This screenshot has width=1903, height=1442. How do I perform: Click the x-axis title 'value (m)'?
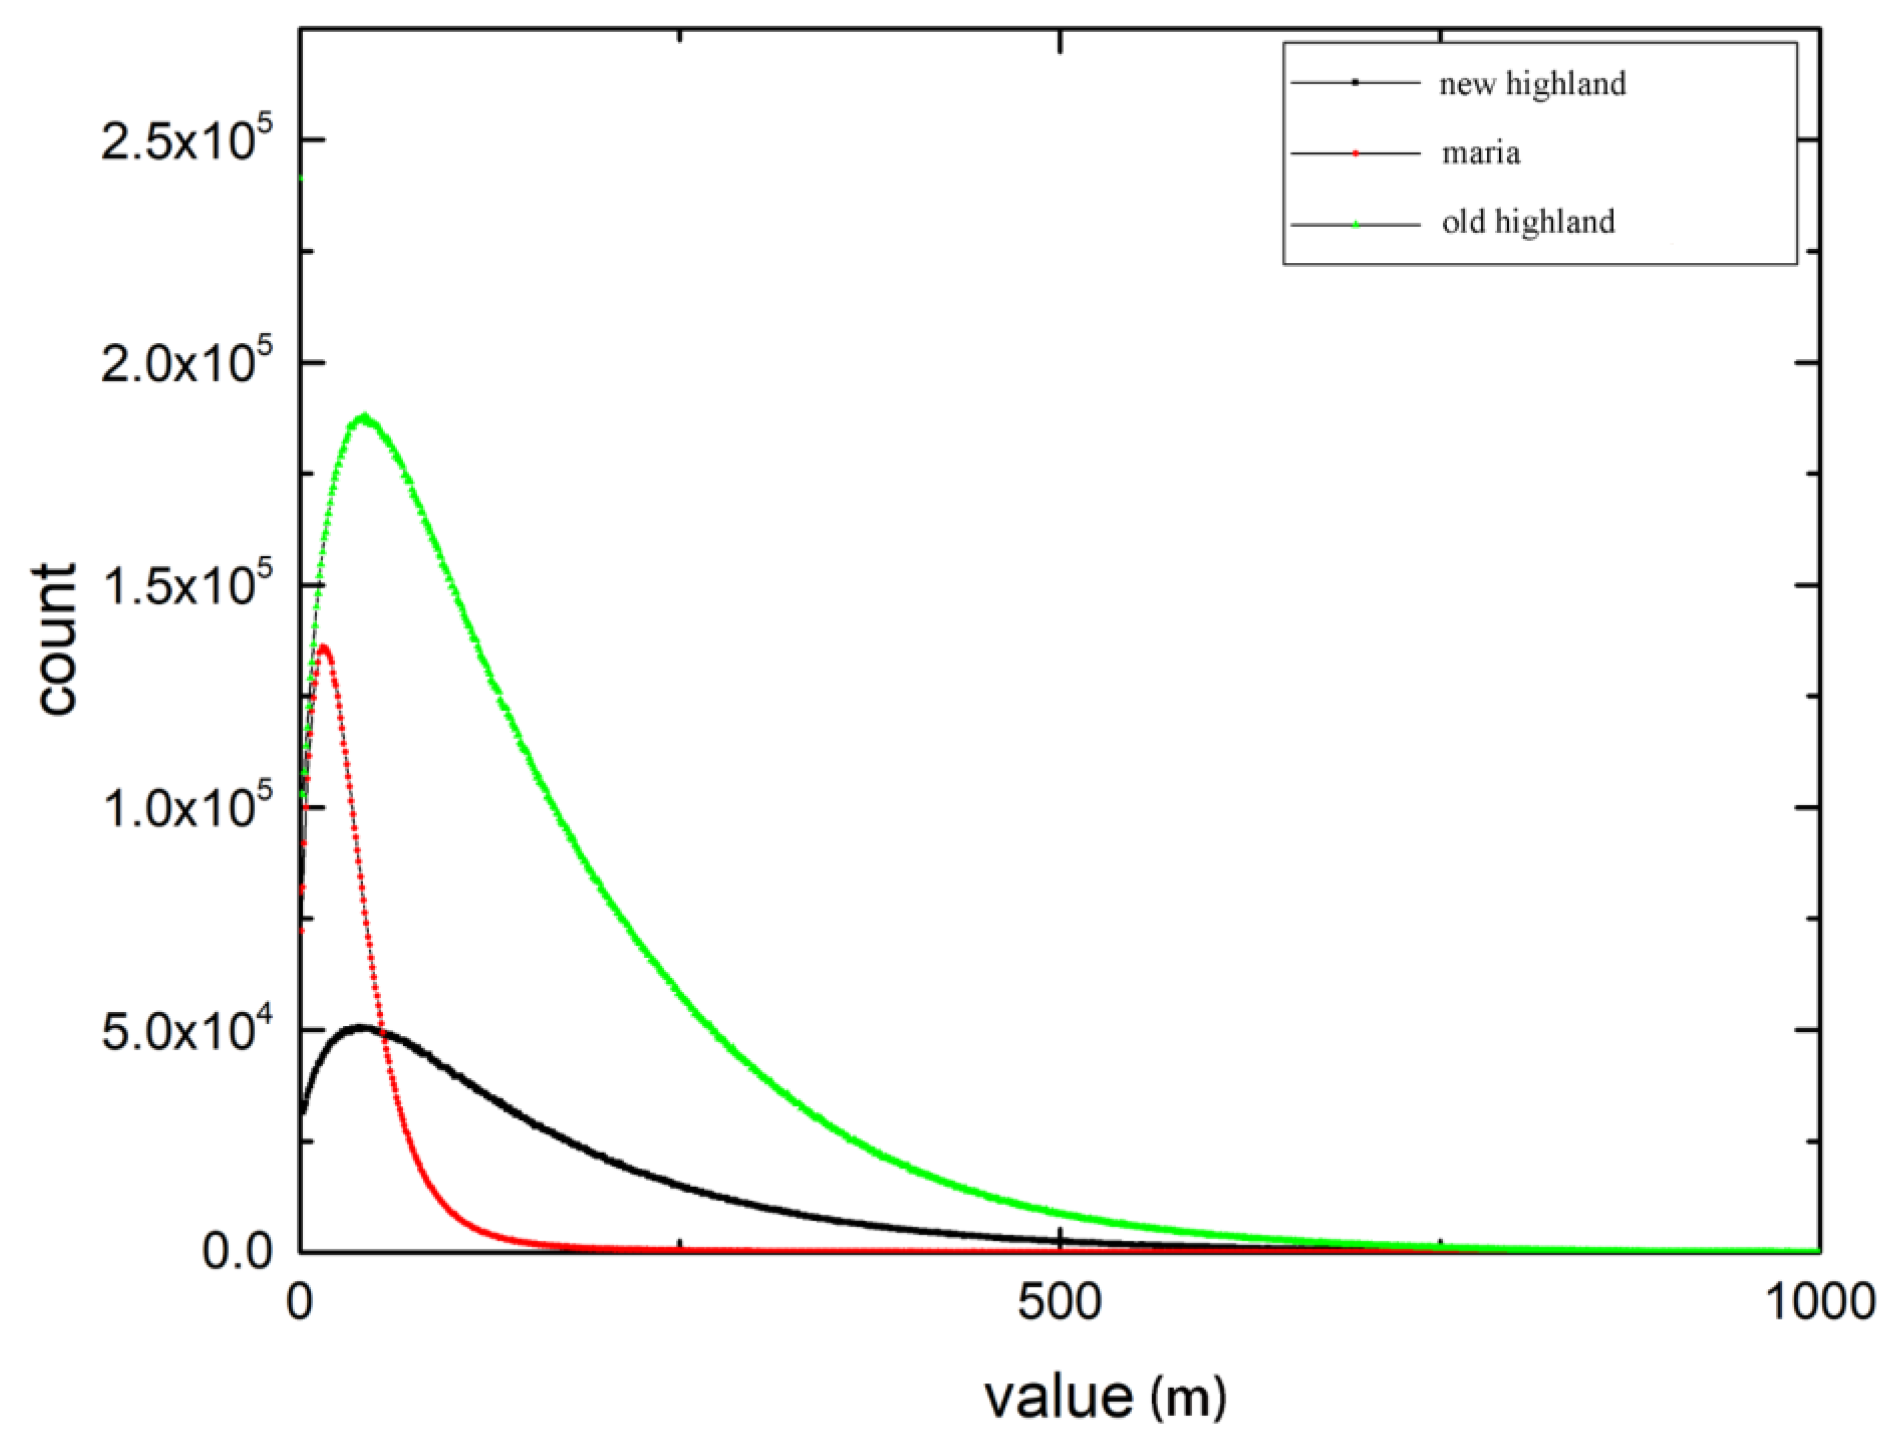tap(1105, 1396)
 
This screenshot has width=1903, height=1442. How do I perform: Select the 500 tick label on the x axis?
tap(1059, 1303)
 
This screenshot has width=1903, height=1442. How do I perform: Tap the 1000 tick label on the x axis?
tap(1819, 1303)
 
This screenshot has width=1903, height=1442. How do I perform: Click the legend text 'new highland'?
tap(1532, 84)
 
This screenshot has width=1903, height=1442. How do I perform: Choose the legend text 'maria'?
tap(1480, 153)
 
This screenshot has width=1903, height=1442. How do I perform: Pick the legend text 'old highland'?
tap(1528, 222)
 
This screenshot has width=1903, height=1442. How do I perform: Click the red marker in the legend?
tap(1355, 153)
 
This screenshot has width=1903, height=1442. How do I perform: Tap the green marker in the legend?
tap(1355, 223)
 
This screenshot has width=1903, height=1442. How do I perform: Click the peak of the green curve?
tap(365, 417)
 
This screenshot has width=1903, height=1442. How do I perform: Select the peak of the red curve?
tap(324, 646)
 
